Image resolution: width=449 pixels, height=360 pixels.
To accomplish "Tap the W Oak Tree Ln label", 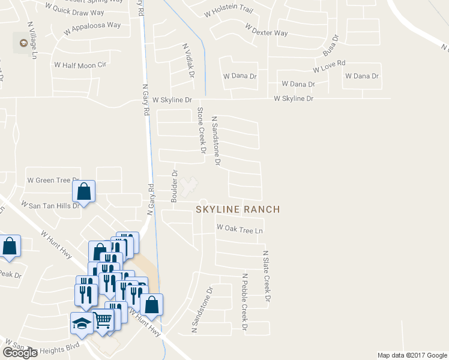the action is point(240,229).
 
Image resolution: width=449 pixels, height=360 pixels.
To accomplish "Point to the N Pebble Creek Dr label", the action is point(245,302).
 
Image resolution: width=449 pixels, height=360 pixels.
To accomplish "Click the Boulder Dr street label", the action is point(175,187).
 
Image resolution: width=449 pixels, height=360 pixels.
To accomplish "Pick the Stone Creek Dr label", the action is point(201,130).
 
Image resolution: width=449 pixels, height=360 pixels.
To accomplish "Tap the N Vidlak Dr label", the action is point(189,61).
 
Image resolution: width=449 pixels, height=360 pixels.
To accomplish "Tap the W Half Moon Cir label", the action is point(80,64).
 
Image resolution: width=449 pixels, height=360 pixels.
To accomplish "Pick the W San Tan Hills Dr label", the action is point(50,205).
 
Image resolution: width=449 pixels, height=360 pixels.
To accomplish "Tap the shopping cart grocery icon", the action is point(103,323).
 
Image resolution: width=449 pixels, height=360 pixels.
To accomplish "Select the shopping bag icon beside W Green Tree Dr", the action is point(84,192).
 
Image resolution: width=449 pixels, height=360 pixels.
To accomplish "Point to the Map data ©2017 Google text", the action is point(412,355).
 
